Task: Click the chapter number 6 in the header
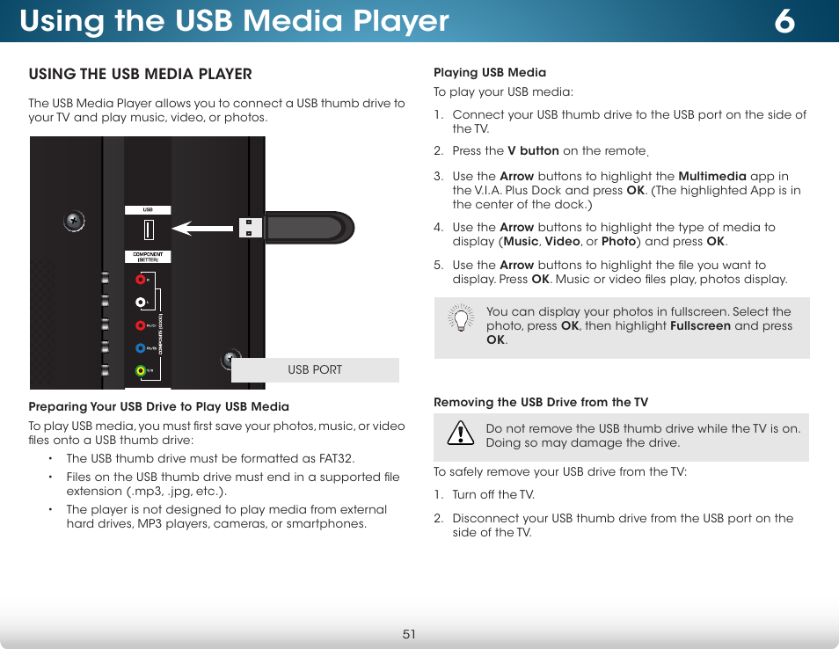pos(784,21)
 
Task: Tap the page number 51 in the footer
pos(409,634)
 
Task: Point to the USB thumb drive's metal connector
pos(250,227)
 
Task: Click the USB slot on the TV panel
pos(149,230)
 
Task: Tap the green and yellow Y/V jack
pos(141,370)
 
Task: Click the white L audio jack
pos(141,302)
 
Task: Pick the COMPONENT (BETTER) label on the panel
pos(148,258)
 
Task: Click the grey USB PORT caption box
pos(315,370)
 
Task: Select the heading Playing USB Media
pos(490,73)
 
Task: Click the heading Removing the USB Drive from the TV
pos(541,403)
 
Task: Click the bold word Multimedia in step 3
pos(712,176)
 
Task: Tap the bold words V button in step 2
pos(533,151)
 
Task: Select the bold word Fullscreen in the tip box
pos(700,325)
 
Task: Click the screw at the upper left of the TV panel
pos(74,222)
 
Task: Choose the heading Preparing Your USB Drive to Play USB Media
pos(158,406)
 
